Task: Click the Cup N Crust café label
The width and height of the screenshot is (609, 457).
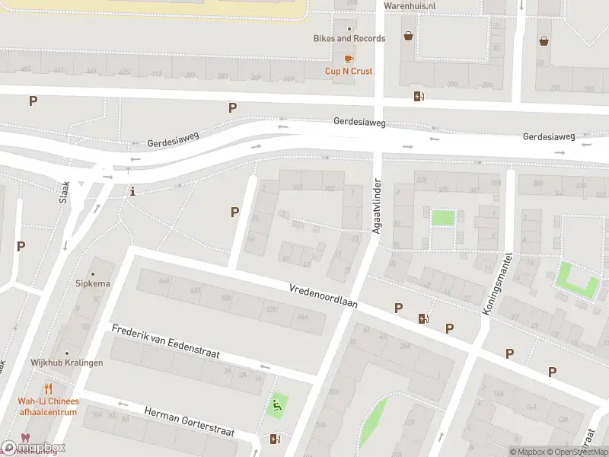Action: (x=349, y=72)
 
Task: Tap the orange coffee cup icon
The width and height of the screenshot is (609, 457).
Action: (x=349, y=58)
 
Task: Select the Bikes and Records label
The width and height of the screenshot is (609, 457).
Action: (x=349, y=38)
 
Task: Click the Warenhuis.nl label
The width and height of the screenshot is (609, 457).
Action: (x=409, y=6)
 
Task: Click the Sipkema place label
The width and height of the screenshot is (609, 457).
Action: (x=93, y=283)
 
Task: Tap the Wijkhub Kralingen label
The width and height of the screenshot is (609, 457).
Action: (x=67, y=363)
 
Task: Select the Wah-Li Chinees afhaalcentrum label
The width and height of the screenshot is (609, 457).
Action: (x=48, y=407)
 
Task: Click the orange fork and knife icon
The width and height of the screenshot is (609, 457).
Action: (x=49, y=388)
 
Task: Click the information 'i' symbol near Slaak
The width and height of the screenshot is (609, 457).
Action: (x=133, y=191)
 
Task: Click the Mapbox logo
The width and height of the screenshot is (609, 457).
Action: (x=33, y=447)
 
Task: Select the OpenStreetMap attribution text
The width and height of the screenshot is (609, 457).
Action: (x=573, y=452)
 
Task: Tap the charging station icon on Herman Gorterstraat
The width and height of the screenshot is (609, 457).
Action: (x=275, y=439)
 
